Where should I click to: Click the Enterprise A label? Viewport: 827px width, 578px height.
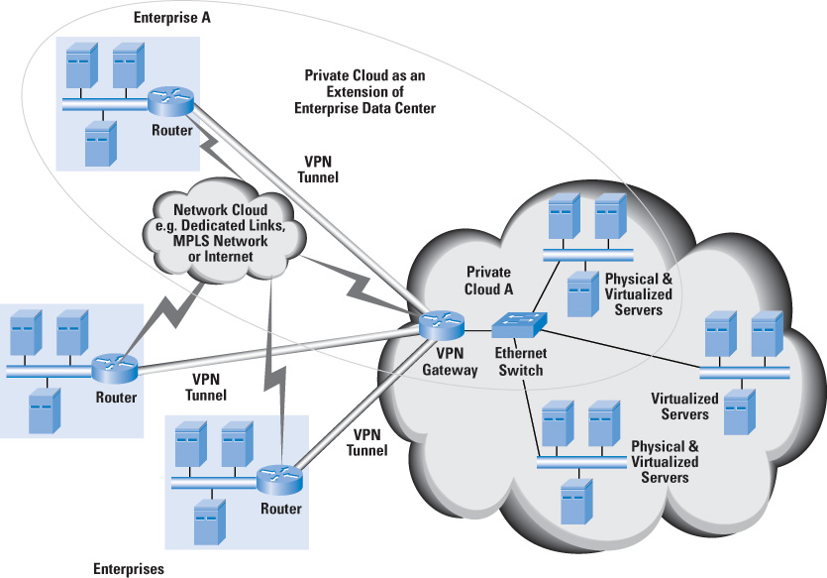(173, 19)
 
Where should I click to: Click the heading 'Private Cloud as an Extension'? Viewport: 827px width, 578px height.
(364, 91)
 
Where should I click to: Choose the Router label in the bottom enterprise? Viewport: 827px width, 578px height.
(280, 510)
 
